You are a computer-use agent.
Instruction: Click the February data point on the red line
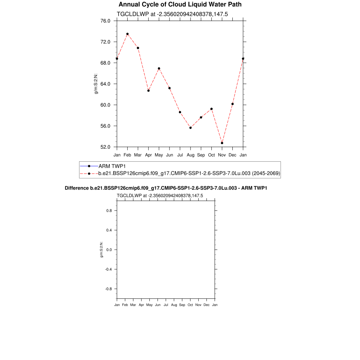[x=127, y=34]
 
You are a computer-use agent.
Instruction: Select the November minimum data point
[x=222, y=143]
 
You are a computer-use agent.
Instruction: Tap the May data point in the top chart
[x=159, y=69]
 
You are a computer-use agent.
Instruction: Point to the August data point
[x=191, y=128]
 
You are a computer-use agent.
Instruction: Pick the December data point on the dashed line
[x=232, y=104]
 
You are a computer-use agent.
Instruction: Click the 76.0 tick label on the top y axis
[x=105, y=21]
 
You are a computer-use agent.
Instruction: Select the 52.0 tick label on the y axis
[x=105, y=147]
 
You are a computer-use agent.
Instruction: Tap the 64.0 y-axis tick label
[x=105, y=84]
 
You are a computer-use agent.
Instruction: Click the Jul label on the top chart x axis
[x=180, y=155]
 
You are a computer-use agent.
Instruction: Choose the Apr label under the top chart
[x=148, y=155]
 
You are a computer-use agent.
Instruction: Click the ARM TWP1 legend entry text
[x=112, y=166]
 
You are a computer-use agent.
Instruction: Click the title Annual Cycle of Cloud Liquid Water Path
[x=180, y=5]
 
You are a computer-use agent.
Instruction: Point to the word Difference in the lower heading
[x=75, y=188]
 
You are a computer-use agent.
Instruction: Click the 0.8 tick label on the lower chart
[x=109, y=211]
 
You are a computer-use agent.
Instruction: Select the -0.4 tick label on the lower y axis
[x=108, y=269]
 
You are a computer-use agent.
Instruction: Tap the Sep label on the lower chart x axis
[x=182, y=305]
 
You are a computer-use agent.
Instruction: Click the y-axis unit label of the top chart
[x=96, y=84]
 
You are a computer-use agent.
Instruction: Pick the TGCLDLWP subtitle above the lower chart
[x=129, y=195]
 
